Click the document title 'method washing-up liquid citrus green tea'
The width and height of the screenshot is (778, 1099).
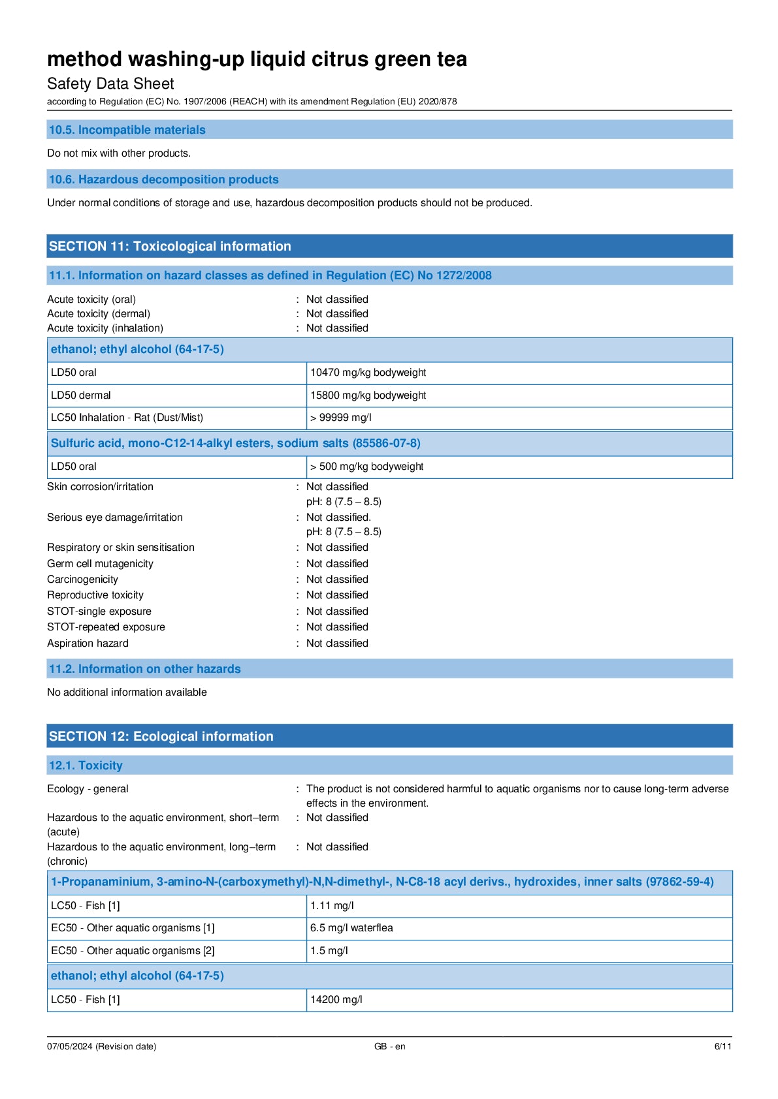[x=257, y=59]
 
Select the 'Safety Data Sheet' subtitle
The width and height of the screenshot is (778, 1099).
[x=110, y=84]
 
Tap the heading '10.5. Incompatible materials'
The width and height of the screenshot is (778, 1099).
[x=127, y=130]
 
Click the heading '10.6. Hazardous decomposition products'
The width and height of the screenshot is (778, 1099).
[x=164, y=179]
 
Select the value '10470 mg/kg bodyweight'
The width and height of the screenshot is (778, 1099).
[x=368, y=373]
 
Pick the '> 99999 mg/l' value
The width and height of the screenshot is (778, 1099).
[x=341, y=418]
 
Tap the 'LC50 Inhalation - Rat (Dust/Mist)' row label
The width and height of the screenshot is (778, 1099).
[x=127, y=418]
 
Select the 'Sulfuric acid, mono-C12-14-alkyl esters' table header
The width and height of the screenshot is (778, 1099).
[x=236, y=443]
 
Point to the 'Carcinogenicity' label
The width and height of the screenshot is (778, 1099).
[x=82, y=580]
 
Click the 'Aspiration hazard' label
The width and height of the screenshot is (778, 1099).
[x=88, y=643]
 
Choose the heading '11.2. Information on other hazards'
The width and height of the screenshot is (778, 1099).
[x=145, y=669]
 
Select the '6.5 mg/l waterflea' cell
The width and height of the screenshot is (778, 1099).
[x=351, y=928]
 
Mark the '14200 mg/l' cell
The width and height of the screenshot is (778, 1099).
[x=336, y=1000]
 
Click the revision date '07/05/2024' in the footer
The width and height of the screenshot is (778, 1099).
[x=70, y=1047]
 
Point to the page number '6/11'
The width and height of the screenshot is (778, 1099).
[x=722, y=1047]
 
